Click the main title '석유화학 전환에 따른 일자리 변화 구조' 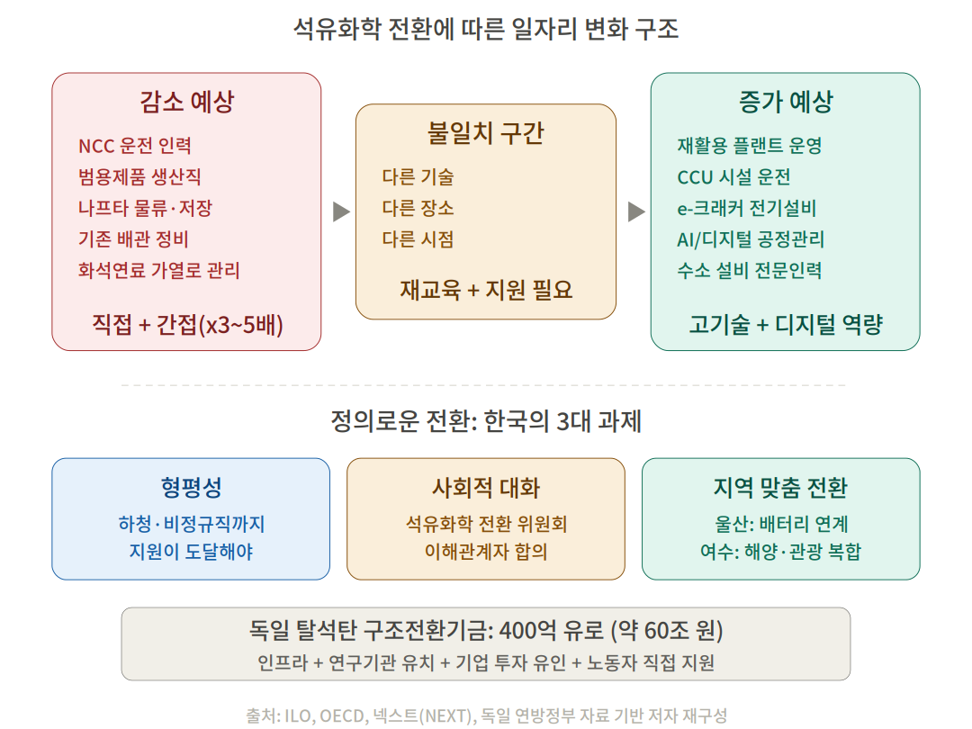click(x=486, y=29)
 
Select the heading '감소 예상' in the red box click(x=186, y=102)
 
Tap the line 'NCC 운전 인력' click(x=134, y=146)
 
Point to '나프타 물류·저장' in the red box click(x=145, y=208)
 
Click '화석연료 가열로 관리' click(x=158, y=270)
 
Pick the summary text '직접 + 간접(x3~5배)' click(x=187, y=324)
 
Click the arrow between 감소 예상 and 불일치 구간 click(x=342, y=211)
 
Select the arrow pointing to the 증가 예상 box click(x=636, y=211)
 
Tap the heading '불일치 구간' click(x=486, y=132)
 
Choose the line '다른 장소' click(x=418, y=208)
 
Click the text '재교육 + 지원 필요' click(x=486, y=290)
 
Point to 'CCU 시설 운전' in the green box click(x=734, y=177)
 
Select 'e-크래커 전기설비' click(x=746, y=208)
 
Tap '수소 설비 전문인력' click(x=750, y=270)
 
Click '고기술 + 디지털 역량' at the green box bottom click(x=786, y=324)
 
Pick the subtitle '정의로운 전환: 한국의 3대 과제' click(x=486, y=421)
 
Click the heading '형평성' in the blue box click(x=191, y=487)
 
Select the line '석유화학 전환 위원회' click(x=486, y=524)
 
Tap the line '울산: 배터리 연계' click(x=781, y=524)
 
